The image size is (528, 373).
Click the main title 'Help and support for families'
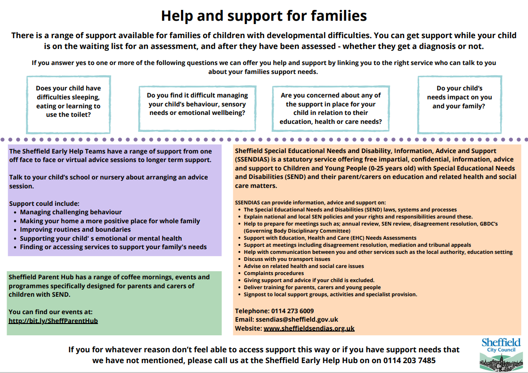point(264,16)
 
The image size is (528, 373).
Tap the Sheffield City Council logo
point(501,355)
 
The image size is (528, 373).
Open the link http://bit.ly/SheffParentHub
point(53,321)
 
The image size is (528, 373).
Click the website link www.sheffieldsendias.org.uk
point(309,328)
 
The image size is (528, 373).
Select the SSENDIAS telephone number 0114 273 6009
point(292,311)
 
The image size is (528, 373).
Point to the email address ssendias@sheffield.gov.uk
point(297,319)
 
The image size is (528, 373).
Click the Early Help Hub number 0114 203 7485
point(409,361)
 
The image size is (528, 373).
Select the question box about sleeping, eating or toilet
point(68,105)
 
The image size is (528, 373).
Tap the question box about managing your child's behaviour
point(197,108)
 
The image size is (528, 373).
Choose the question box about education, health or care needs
point(331,108)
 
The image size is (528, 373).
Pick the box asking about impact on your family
point(460,105)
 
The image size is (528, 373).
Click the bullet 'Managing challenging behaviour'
point(71,212)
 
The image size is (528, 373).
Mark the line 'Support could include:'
point(44,203)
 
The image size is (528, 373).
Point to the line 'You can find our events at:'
point(50,312)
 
